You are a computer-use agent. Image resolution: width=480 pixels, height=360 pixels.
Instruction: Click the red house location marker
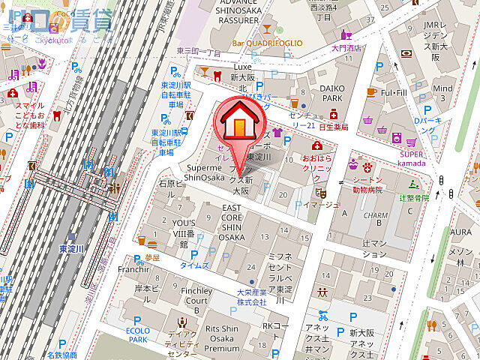click(x=239, y=122)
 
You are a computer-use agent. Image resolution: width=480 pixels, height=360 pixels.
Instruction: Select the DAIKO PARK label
click(x=332, y=93)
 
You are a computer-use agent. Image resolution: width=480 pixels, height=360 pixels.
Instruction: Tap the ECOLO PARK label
click(x=138, y=334)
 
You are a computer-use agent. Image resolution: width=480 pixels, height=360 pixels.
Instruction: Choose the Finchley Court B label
click(x=196, y=295)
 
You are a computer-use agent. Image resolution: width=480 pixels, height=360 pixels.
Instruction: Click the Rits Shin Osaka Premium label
click(x=221, y=338)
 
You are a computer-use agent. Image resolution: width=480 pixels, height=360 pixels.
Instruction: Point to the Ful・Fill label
click(x=393, y=92)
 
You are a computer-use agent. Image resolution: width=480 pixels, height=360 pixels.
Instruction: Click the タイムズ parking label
click(x=194, y=265)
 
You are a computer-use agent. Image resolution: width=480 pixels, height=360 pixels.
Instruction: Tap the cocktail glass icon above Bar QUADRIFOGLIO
click(x=268, y=30)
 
